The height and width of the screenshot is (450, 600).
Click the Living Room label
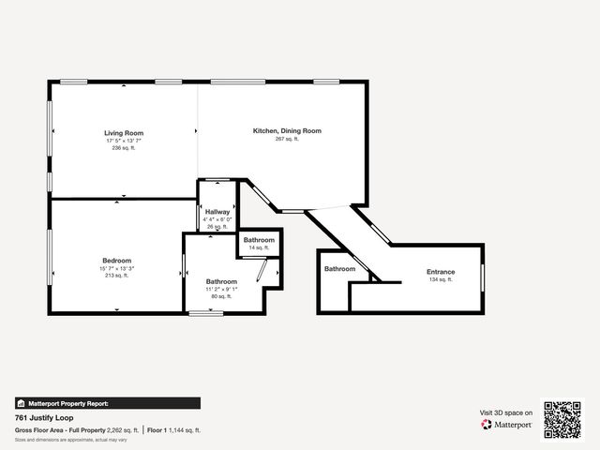coord(124,133)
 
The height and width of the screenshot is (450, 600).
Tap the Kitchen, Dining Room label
coord(287,131)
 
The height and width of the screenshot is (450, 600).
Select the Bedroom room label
coord(117,261)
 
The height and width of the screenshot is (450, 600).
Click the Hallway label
coord(217,212)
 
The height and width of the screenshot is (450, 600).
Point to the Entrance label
coord(441,272)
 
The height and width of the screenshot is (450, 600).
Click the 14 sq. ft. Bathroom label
coord(260,240)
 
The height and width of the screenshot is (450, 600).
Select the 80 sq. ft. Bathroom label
coord(221,281)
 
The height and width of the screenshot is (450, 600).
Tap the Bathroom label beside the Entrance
coord(340,269)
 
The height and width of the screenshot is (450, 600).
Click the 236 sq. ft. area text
coord(124,148)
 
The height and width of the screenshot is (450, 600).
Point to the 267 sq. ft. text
coord(287,139)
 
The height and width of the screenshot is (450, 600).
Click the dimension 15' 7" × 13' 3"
coord(117,268)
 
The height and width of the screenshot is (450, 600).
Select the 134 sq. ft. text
coord(441,279)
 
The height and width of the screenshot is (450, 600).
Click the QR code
coord(562,419)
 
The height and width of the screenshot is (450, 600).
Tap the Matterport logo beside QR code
coord(507,425)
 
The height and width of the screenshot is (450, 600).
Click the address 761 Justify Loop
coord(43,418)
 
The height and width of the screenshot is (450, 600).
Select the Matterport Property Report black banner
coord(107,403)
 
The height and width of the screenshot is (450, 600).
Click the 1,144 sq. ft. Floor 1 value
coord(185,430)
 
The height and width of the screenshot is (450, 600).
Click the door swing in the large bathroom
coord(262,273)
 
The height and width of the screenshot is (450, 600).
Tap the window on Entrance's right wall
coord(482,278)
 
